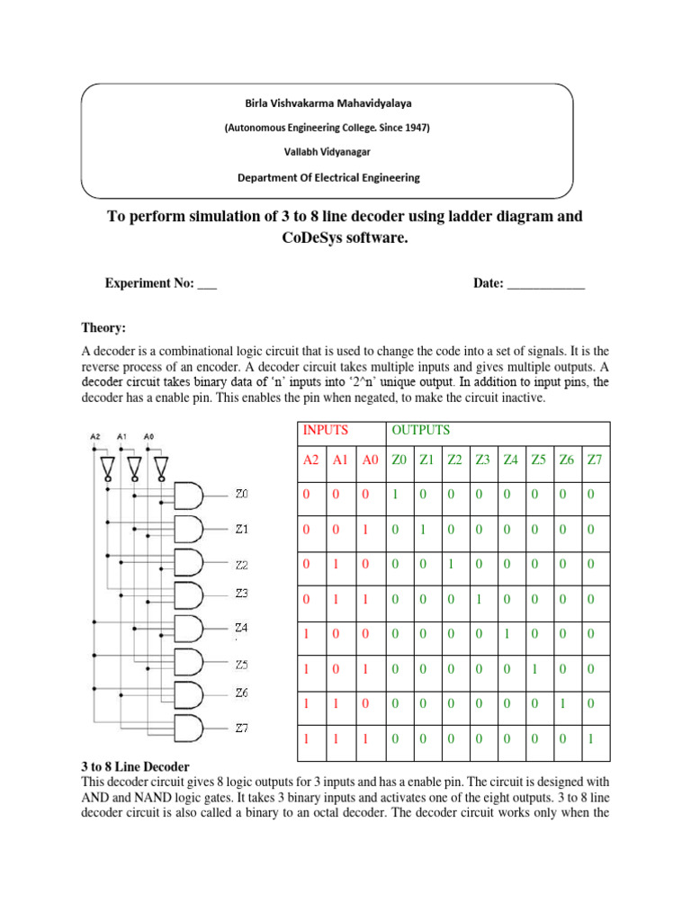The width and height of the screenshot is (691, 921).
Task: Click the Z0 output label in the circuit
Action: [241, 494]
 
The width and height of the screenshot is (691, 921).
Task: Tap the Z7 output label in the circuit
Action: [241, 728]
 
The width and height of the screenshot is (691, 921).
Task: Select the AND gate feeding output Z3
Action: [188, 595]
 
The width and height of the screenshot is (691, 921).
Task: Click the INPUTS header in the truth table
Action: [325, 430]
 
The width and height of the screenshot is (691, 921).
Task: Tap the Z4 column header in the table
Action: [511, 460]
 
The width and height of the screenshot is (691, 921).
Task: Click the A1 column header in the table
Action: [340, 460]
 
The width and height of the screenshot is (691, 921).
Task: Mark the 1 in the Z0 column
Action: [397, 495]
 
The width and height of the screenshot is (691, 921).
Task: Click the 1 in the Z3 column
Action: [482, 598]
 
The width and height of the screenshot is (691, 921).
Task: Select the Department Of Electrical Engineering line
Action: [328, 177]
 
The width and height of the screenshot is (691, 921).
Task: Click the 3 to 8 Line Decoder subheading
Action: [135, 766]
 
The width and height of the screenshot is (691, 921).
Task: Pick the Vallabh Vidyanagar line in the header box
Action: [327, 152]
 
